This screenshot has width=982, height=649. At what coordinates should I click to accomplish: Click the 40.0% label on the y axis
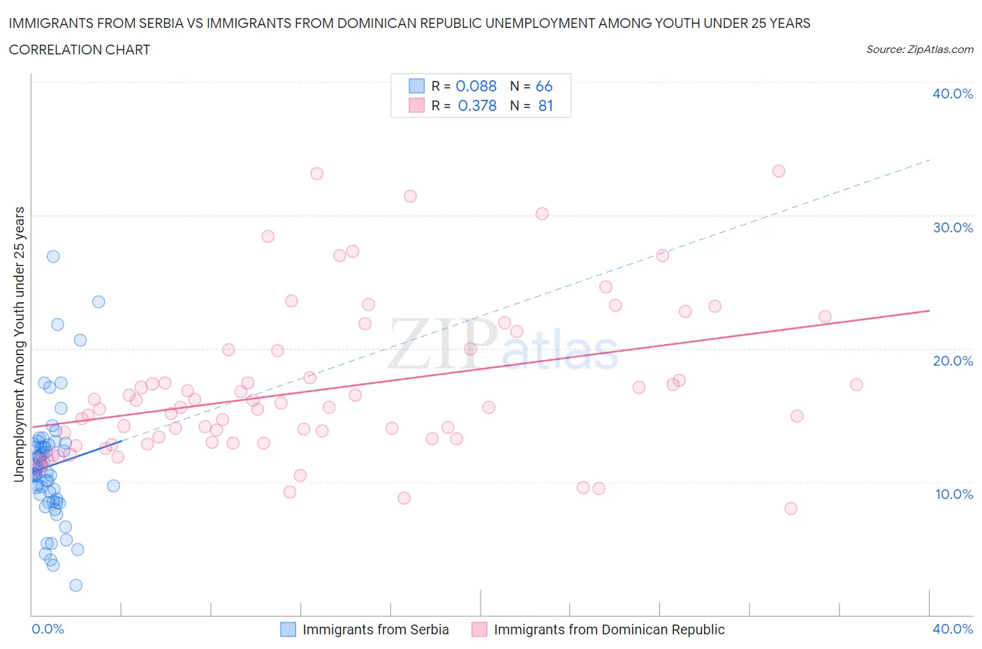tap(953, 94)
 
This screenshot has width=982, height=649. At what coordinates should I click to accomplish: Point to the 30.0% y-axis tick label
tap(953, 227)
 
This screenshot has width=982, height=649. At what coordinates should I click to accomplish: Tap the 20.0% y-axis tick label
tap(953, 361)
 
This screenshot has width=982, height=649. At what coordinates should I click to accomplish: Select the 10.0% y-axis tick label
tap(953, 494)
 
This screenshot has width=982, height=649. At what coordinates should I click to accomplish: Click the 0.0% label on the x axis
tap(47, 629)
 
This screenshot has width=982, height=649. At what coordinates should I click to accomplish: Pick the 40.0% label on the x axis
tap(953, 629)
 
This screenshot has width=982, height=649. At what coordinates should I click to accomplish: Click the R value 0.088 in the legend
tap(476, 86)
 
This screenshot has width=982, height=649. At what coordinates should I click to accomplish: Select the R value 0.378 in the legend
tap(477, 105)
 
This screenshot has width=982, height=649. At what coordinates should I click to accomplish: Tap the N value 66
tap(544, 86)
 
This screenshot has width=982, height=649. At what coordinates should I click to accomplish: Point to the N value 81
tap(545, 105)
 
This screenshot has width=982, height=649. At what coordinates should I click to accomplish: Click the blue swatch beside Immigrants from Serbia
tap(288, 629)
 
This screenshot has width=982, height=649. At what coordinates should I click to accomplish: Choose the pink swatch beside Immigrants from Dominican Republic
tap(479, 629)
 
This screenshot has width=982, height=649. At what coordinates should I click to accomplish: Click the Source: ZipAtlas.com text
tap(919, 49)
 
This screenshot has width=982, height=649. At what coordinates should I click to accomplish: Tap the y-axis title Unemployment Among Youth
tap(20, 344)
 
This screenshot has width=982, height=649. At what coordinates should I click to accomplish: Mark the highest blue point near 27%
tap(53, 256)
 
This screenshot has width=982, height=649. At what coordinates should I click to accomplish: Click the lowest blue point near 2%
tap(76, 585)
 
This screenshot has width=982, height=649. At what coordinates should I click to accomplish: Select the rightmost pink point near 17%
tap(856, 385)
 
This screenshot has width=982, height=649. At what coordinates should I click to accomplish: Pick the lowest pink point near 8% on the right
tap(791, 508)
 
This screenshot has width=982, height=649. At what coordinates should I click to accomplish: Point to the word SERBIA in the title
tap(161, 23)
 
